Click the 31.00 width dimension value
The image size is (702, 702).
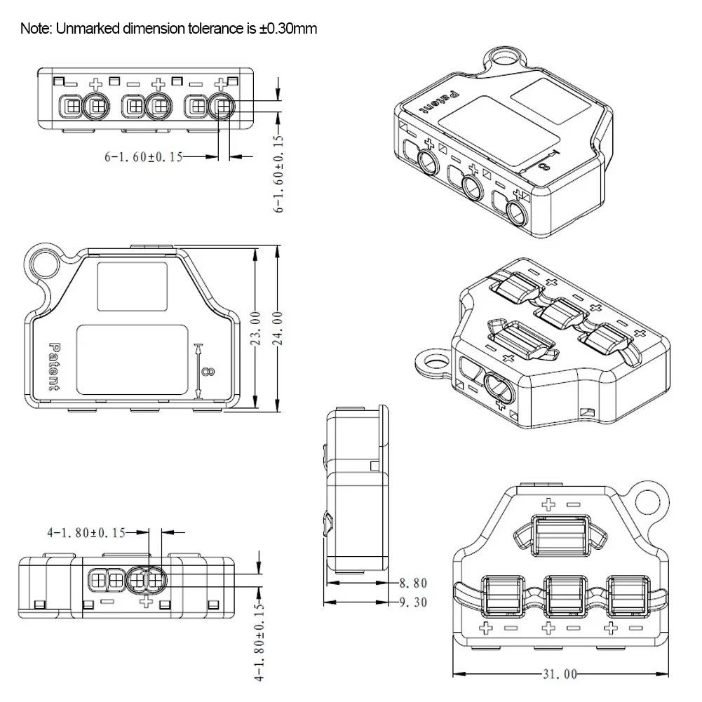pyautogui.click(x=558, y=674)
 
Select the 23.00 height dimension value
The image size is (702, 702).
pyautogui.click(x=256, y=328)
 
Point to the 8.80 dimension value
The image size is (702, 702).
pyautogui.click(x=412, y=583)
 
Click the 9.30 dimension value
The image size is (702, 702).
pyautogui.click(x=412, y=602)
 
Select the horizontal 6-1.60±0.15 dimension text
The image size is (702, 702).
pyautogui.click(x=143, y=157)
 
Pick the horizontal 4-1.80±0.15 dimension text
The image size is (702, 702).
pyautogui.click(x=86, y=533)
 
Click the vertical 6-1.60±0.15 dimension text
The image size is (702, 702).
pyautogui.click(x=279, y=172)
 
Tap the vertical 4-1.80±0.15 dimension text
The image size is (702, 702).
pyautogui.click(x=259, y=642)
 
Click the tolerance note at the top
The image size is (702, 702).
pyautogui.click(x=168, y=29)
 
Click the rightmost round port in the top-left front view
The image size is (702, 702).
pyautogui.click(x=222, y=107)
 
